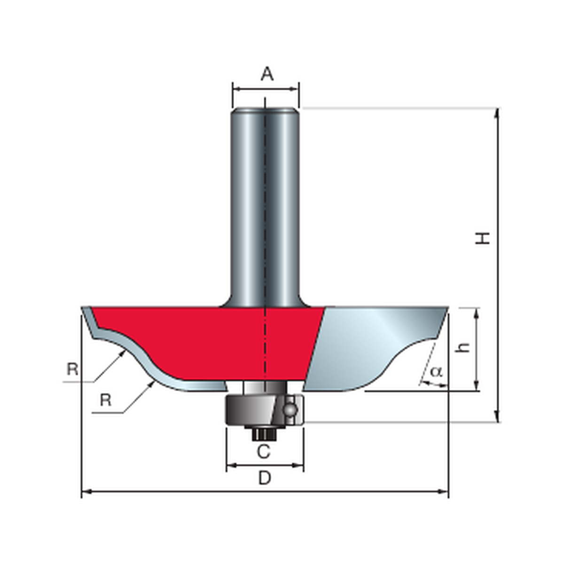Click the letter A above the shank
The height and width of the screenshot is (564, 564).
(x=267, y=74)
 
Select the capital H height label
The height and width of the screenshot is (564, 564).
(x=482, y=238)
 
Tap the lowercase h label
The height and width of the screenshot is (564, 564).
(x=463, y=347)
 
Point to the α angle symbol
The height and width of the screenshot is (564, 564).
(x=436, y=372)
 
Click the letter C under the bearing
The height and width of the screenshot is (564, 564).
(x=263, y=452)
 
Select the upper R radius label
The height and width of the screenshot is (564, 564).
(x=72, y=369)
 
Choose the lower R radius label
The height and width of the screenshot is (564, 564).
(x=106, y=400)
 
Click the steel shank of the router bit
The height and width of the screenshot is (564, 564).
(x=265, y=205)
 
